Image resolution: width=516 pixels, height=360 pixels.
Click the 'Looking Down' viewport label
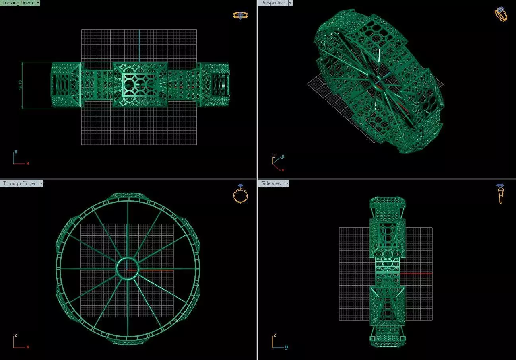coord(17,3)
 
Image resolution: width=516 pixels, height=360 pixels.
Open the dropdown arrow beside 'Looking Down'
coord(38,3)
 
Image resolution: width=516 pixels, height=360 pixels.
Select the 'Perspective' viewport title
coord(273,3)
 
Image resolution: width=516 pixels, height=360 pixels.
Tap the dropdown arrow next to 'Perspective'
coord(290,3)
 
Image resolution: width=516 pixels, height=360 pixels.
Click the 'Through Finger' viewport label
coord(19,183)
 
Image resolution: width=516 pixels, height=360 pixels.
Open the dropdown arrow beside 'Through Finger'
coord(41,183)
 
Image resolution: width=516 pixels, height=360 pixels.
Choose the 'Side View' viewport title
coord(271,183)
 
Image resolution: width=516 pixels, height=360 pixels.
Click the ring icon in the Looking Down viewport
coord(240,16)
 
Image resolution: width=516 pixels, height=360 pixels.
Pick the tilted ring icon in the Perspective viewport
coord(500,14)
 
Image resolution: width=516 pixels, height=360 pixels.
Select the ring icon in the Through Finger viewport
coord(240,194)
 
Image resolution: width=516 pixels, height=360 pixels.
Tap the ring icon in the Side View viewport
coord(500,194)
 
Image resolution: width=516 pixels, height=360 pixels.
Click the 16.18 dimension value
coord(20,86)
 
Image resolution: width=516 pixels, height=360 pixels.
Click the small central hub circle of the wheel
coord(127,269)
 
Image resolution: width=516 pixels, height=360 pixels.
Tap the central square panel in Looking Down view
coord(140,84)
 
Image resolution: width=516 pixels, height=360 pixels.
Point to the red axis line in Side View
coord(415,274)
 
